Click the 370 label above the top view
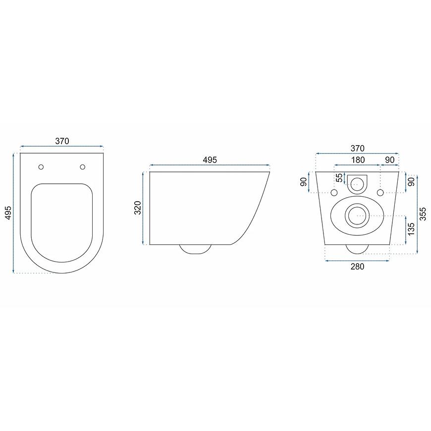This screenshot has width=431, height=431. [x=62, y=141]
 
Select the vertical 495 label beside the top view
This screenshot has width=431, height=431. [x=8, y=213]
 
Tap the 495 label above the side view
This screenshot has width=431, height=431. [x=210, y=160]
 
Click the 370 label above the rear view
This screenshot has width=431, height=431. [x=357, y=149]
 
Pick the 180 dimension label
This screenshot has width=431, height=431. [x=358, y=160]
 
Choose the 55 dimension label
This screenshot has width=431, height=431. [x=340, y=177]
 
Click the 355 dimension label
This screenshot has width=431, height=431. [x=423, y=214]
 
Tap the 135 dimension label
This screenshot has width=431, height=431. [x=411, y=229]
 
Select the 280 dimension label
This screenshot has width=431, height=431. [x=357, y=267]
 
